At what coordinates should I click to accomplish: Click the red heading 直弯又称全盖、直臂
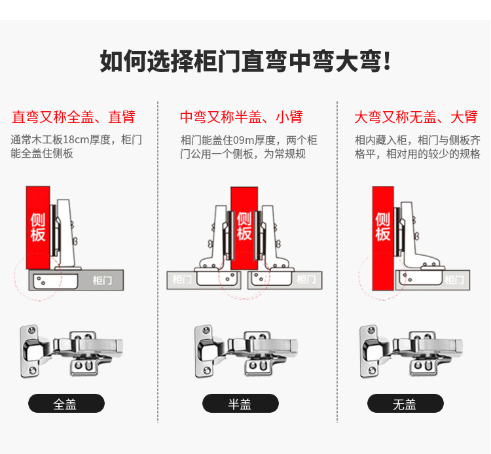(73, 117)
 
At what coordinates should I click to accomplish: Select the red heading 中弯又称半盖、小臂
(241, 117)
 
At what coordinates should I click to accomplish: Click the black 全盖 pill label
(66, 404)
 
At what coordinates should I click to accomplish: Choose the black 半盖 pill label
(240, 404)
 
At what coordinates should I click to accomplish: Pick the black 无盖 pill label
(405, 404)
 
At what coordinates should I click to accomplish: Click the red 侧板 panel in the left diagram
(38, 226)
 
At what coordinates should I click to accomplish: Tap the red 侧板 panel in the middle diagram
(244, 226)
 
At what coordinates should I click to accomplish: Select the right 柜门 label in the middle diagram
(306, 279)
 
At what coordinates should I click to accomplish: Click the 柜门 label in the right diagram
(454, 279)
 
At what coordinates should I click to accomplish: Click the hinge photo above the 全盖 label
(71, 352)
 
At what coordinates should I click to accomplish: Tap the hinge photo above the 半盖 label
(245, 352)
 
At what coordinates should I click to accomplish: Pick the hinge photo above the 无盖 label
(410, 352)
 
